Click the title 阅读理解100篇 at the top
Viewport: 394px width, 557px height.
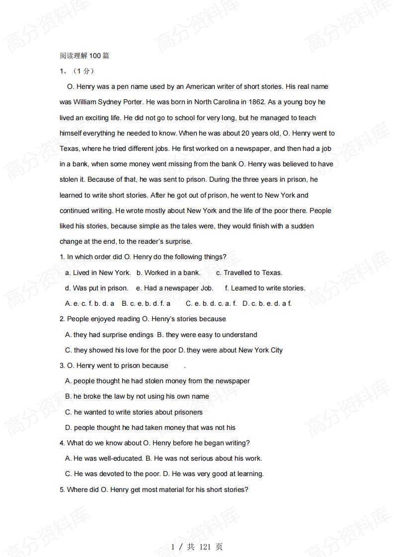point(84,56)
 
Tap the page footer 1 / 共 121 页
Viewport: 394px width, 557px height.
point(197,547)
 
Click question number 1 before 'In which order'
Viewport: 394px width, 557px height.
point(62,257)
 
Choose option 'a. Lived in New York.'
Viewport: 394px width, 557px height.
point(98,273)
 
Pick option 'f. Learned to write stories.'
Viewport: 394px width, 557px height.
point(265,288)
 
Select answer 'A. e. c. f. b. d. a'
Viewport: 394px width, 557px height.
point(89,303)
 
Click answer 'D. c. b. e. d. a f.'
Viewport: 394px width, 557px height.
point(267,303)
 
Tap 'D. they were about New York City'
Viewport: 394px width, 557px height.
point(231,350)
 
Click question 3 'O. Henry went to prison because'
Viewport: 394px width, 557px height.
point(114,366)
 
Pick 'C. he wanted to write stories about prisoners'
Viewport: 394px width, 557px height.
point(134,412)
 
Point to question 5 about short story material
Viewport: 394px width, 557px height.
point(154,490)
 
